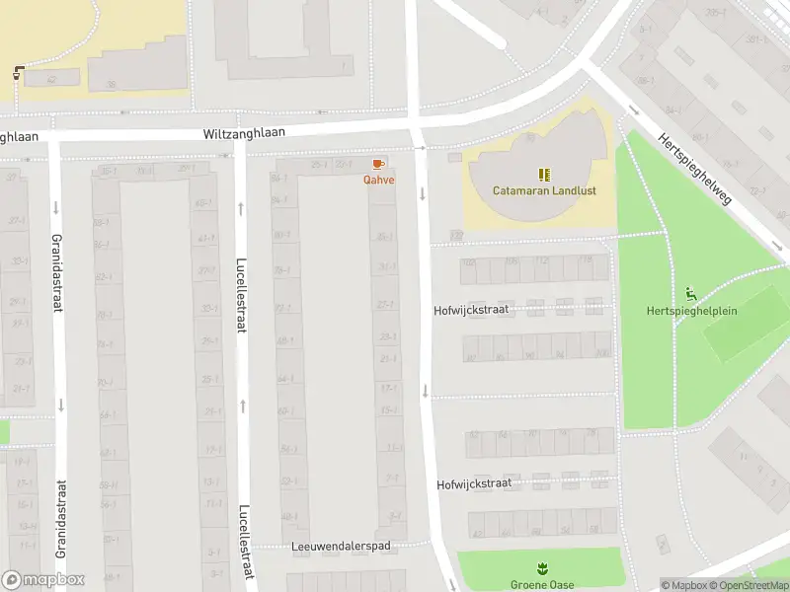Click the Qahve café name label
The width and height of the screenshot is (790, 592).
coord(378,180)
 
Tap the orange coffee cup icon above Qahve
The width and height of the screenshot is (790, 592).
coord(377,164)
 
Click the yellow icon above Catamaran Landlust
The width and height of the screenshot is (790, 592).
coord(544,174)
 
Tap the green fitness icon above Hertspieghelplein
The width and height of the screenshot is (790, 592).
coord(690,294)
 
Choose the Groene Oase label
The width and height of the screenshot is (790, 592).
coord(541,584)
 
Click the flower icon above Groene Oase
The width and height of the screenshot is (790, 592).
coord(541,568)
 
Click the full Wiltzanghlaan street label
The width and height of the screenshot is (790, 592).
coord(244,132)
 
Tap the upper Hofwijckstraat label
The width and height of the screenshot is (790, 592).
coord(471,309)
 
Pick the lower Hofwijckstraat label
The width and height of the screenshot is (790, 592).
coord(474,484)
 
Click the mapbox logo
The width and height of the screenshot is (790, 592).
coord(43,580)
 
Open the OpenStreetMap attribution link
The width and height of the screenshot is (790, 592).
coord(751,585)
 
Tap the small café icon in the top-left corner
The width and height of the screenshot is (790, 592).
coord(19,73)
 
